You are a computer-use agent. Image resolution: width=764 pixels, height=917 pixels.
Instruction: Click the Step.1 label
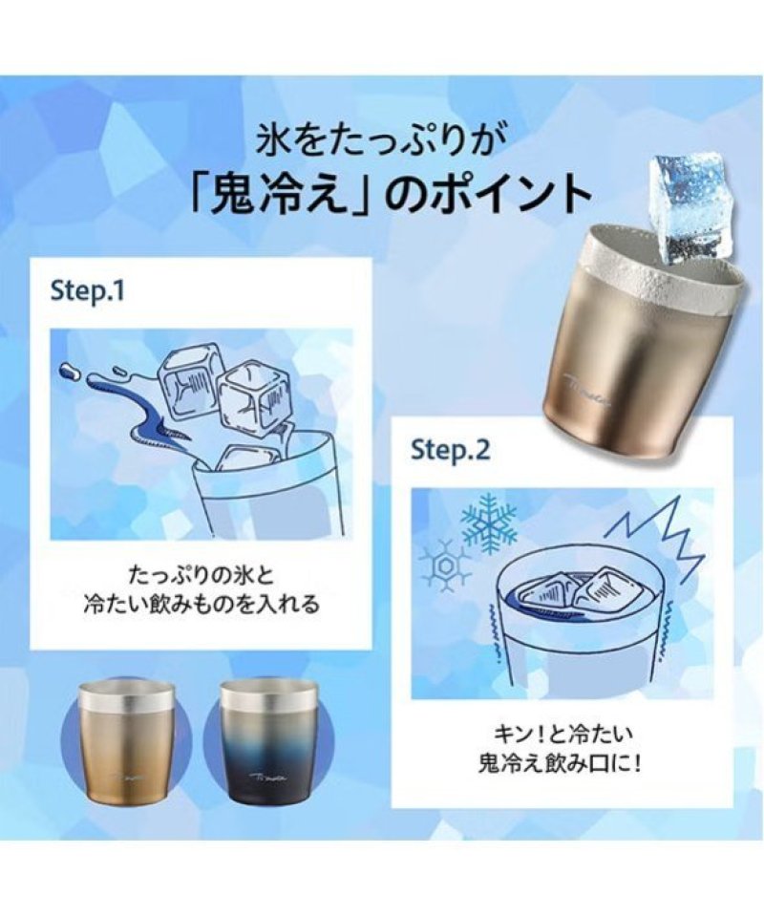click(88, 290)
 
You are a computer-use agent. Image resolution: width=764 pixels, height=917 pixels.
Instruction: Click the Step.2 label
click(450, 450)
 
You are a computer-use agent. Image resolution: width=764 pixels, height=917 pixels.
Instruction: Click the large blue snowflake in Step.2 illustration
click(489, 522)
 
